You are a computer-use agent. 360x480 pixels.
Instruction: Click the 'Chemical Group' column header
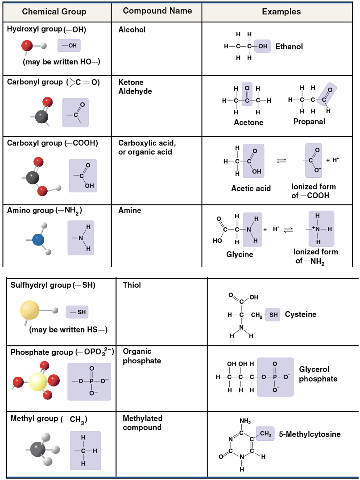[x=54, y=12]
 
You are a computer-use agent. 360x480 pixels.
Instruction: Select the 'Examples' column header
[x=281, y=12]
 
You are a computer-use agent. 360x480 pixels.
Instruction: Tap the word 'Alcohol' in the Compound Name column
[x=132, y=30]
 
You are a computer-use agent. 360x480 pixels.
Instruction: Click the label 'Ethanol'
[x=289, y=47]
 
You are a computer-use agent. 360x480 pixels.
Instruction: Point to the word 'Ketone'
[x=131, y=82]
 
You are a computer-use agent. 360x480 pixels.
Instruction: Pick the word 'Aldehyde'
[x=135, y=91]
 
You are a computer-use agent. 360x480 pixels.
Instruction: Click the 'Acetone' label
[x=249, y=122]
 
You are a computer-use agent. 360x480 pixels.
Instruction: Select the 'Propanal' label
[x=309, y=122]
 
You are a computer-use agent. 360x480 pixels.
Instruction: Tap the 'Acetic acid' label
[x=251, y=188]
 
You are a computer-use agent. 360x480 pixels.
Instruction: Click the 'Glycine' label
[x=240, y=254]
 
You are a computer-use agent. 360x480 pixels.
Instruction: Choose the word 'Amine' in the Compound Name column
[x=130, y=210]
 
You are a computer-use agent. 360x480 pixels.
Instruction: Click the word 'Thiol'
[x=132, y=285]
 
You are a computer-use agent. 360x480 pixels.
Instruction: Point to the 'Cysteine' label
[x=300, y=314]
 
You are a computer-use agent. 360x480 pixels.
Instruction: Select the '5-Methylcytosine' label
[x=310, y=434]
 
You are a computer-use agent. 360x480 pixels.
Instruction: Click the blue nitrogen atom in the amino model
[x=38, y=240]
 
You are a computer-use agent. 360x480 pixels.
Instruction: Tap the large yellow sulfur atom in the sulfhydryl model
[x=30, y=310]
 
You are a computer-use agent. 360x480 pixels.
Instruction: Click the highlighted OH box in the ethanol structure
[x=263, y=46]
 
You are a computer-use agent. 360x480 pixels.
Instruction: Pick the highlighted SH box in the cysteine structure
[x=273, y=315]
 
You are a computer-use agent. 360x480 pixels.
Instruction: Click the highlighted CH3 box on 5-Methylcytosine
[x=265, y=434]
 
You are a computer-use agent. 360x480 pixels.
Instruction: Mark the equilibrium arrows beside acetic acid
[x=282, y=161]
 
